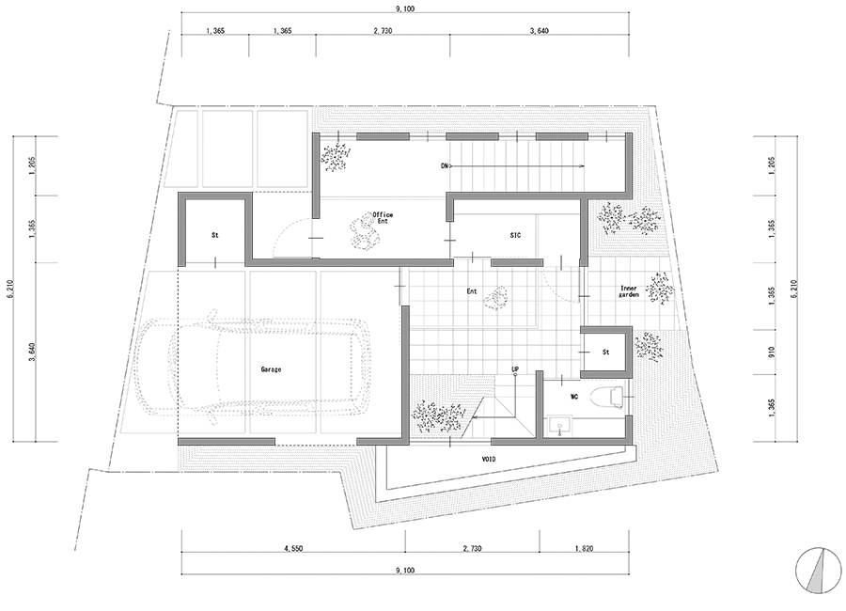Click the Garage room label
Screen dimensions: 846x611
[x=271, y=369]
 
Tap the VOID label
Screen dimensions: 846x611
[x=488, y=460]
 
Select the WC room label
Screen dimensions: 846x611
[x=574, y=397]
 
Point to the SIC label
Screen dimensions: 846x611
[x=515, y=235]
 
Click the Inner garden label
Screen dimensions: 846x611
[x=629, y=291]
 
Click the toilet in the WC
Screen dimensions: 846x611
[x=608, y=397]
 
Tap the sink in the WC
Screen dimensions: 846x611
[x=560, y=427]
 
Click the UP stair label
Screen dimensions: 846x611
[x=515, y=369]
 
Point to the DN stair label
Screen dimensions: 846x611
[x=446, y=166]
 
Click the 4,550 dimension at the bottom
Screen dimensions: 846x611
[x=293, y=548]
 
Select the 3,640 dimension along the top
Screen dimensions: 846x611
[x=539, y=31]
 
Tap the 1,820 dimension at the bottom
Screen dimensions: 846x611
[x=584, y=548]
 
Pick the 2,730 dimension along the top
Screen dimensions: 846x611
[x=383, y=31]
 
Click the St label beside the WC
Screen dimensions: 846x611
[x=606, y=352]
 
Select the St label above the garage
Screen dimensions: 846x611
[x=214, y=235]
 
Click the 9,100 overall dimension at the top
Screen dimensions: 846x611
[x=404, y=9]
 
